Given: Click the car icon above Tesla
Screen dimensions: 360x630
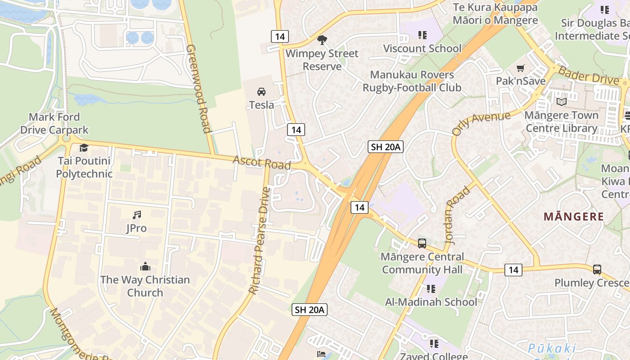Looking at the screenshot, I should pyautogui.click(x=261, y=92).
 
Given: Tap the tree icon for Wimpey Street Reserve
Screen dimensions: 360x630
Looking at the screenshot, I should pyautogui.click(x=322, y=40).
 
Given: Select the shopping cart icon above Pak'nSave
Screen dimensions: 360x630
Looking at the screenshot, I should pyautogui.click(x=521, y=68).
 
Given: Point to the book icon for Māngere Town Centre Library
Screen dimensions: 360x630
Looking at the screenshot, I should pyautogui.click(x=561, y=102).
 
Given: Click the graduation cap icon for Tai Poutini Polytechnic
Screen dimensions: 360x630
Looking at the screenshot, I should pyautogui.click(x=84, y=148).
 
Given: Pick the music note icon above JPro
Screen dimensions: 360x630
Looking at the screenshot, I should pyautogui.click(x=136, y=215).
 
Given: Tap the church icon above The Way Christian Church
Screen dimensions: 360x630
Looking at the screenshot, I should pyautogui.click(x=145, y=267).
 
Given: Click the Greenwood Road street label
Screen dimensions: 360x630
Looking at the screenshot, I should pyautogui.click(x=198, y=89).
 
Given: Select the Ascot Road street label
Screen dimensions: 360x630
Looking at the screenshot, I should pyautogui.click(x=261, y=162).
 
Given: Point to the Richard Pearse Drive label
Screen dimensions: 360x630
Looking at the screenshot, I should pyautogui.click(x=260, y=241).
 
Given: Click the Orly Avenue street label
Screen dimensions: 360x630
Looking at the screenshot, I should pyautogui.click(x=481, y=123).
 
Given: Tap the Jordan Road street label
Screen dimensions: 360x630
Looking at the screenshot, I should pyautogui.click(x=457, y=215).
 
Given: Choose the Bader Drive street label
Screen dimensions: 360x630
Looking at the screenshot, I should pyautogui.click(x=588, y=75).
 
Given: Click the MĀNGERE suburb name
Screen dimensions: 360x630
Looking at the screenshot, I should pyautogui.click(x=574, y=216).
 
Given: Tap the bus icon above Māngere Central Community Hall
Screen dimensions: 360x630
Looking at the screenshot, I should pyautogui.click(x=422, y=243).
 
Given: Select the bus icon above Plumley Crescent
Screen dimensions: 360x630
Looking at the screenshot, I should pyautogui.click(x=597, y=270).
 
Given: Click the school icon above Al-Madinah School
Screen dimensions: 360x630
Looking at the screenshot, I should pyautogui.click(x=431, y=289).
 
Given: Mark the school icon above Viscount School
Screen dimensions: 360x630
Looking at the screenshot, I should pyautogui.click(x=422, y=35).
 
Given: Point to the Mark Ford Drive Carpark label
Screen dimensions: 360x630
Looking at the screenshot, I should pyautogui.click(x=54, y=124).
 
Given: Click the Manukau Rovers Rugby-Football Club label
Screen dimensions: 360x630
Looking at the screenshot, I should pyautogui.click(x=412, y=81).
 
